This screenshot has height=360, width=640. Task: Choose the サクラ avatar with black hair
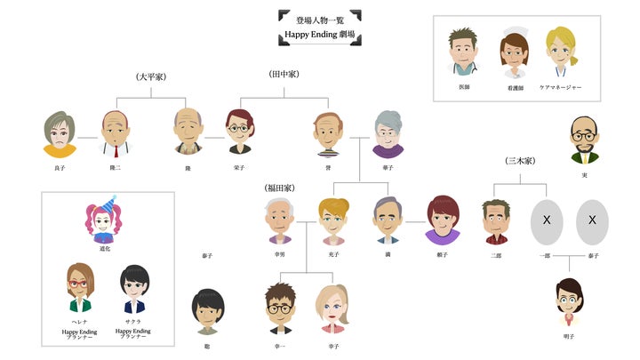[134, 287]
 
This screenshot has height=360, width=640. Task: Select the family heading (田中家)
[285, 75]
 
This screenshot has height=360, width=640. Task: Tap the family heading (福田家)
[279, 188]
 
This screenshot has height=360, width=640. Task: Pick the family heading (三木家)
[520, 161]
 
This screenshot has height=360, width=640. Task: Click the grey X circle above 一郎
[547, 221]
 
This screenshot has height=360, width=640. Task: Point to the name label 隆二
[115, 166]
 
